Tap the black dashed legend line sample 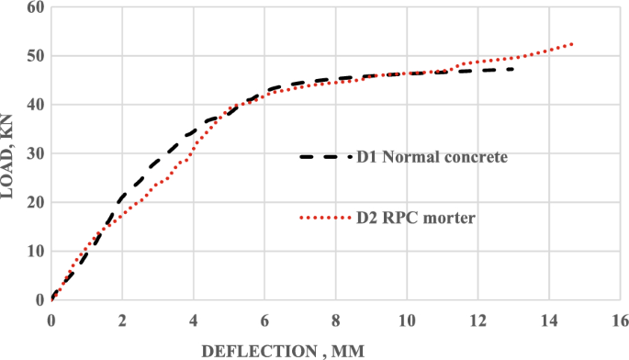[325, 157]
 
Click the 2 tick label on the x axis [122, 319]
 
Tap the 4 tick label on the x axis [194, 319]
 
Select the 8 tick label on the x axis [336, 319]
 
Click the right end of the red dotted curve [573, 44]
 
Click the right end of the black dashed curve [512, 69]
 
